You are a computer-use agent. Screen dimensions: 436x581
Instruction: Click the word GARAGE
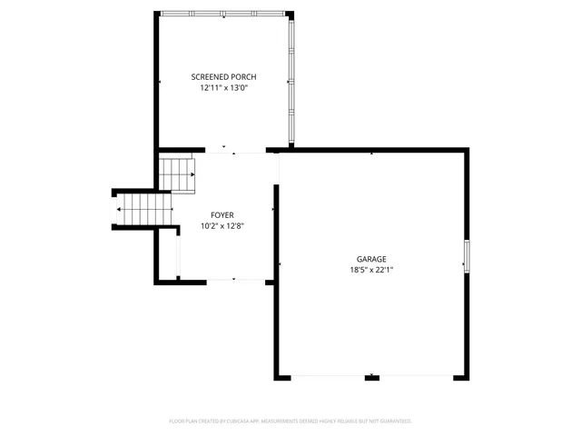[371, 259]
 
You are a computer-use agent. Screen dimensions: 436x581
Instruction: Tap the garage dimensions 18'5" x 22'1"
[371, 270]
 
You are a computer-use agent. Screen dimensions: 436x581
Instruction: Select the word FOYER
[222, 215]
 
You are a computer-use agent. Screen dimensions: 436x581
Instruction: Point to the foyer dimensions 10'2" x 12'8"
[222, 226]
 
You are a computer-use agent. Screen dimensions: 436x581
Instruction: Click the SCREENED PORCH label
[223, 77]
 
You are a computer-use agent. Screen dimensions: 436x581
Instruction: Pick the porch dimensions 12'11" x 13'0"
[223, 88]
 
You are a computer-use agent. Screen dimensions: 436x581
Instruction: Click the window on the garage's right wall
[468, 255]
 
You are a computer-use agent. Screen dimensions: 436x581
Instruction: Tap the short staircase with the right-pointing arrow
[179, 173]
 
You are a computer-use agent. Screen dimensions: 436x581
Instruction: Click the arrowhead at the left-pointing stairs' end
[119, 210]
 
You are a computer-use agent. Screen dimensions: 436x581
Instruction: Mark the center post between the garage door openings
[371, 376]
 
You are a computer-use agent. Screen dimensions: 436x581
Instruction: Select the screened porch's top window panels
[222, 13]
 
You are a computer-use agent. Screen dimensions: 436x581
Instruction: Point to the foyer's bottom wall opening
[233, 280]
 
